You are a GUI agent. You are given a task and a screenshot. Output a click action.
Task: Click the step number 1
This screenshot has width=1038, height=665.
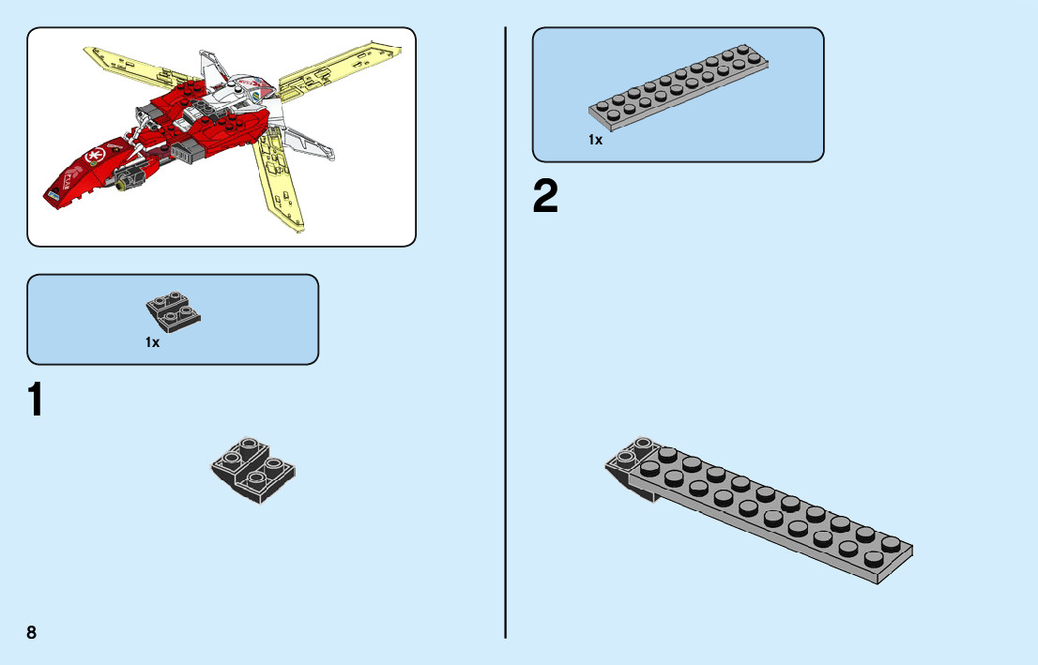(x=35, y=401)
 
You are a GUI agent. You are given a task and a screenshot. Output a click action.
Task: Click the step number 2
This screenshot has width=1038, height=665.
(x=545, y=198)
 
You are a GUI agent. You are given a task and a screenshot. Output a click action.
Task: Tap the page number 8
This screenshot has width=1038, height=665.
(x=32, y=632)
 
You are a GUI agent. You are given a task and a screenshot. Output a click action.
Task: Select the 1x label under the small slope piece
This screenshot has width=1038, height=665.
(x=152, y=343)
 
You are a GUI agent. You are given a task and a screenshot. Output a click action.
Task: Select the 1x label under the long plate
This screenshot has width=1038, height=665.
(x=595, y=141)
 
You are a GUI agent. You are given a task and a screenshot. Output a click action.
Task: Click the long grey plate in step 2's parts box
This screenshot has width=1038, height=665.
(x=678, y=86)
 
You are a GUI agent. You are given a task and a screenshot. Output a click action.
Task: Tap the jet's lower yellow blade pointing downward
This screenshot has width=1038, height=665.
(x=282, y=183)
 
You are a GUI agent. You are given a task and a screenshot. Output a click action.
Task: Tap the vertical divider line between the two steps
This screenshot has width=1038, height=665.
(x=506, y=375)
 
